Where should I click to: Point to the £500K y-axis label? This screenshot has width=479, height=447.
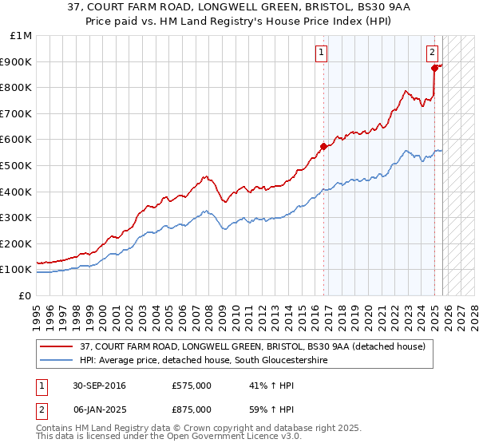18,165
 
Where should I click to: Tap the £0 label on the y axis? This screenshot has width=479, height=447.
26,295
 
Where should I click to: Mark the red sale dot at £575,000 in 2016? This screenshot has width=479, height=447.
323,146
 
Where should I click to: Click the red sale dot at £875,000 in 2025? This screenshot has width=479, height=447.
434,69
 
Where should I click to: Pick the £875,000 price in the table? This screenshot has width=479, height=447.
191,408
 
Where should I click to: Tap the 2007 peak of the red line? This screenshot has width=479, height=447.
205,176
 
